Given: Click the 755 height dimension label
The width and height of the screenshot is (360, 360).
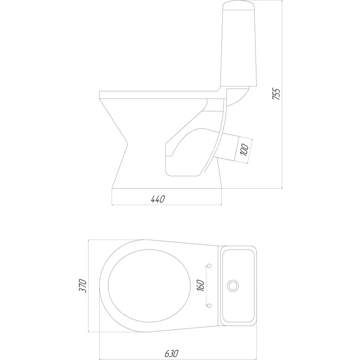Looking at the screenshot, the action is [x=276, y=94].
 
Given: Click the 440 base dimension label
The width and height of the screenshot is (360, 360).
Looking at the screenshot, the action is [x=158, y=199].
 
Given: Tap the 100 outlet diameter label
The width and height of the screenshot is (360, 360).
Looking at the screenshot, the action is [x=245, y=150].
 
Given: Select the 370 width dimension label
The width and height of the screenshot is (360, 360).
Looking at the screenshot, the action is [x=83, y=286].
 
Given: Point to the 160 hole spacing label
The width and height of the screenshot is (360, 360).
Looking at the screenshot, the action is [x=201, y=285].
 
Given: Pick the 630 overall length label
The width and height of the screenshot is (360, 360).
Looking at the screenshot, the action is [x=171, y=353].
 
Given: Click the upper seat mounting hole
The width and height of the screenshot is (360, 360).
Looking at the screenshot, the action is [x=209, y=266].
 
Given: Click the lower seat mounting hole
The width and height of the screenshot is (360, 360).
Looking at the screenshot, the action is [x=209, y=306].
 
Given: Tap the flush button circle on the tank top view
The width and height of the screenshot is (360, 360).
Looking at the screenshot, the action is [x=233, y=286].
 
